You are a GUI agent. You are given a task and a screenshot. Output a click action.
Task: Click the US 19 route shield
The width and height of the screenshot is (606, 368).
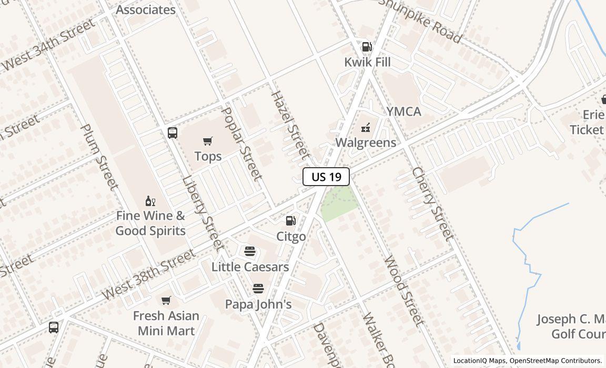(326, 177)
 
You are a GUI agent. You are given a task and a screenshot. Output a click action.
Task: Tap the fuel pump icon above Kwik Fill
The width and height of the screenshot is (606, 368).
(367, 47)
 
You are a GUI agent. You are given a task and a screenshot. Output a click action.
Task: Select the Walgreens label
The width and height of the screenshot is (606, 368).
(366, 142)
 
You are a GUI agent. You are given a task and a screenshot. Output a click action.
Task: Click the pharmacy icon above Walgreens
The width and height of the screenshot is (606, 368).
(366, 127)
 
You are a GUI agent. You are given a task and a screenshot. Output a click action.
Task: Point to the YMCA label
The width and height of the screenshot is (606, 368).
(404, 111)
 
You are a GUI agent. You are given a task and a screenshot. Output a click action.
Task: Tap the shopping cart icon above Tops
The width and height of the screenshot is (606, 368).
(208, 141)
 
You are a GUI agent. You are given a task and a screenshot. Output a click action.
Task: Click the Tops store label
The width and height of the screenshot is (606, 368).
(208, 156)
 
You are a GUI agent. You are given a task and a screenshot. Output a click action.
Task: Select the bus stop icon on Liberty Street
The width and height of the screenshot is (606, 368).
(173, 133)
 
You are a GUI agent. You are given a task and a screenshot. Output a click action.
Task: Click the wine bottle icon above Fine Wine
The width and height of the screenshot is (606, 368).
(150, 201)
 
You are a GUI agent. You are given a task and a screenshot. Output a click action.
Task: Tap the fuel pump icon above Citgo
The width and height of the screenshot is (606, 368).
(291, 221)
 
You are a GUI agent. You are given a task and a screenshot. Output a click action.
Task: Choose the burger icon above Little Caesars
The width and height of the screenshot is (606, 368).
(250, 251)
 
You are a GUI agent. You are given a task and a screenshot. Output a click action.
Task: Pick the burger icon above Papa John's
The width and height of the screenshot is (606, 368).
(258, 289)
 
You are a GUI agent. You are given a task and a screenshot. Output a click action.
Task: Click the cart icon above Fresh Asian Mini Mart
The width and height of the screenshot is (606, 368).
(166, 301)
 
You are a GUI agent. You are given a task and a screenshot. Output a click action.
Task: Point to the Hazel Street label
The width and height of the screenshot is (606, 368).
(289, 125)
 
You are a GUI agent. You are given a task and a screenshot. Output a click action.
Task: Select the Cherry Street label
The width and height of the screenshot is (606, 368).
(432, 204)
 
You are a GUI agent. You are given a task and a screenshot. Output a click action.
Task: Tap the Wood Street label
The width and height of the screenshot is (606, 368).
(403, 290)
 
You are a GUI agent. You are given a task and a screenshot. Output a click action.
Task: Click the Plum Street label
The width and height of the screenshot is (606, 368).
(98, 157)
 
